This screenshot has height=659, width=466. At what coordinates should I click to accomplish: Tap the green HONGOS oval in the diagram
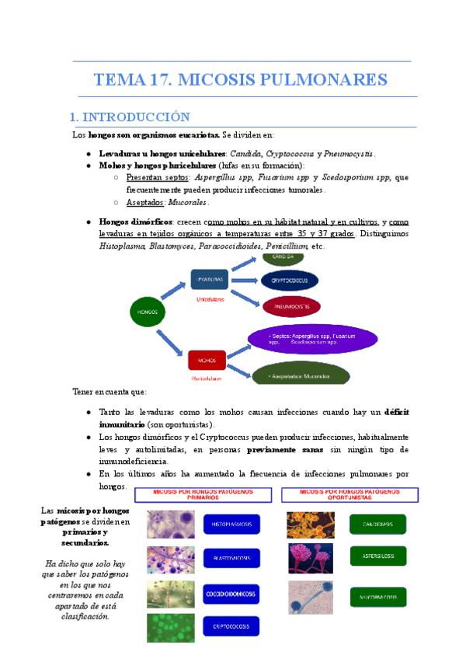148,312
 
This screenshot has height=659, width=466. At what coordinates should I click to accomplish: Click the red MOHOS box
207,361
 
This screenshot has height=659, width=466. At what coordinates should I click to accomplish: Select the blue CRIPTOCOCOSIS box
231,626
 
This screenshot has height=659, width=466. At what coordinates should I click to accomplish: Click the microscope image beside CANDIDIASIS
311,524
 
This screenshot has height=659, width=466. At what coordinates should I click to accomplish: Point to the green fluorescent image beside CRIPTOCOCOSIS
170,626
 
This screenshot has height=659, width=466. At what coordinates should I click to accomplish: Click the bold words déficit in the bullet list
402,412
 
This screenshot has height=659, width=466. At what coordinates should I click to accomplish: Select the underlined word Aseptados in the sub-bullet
143,202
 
